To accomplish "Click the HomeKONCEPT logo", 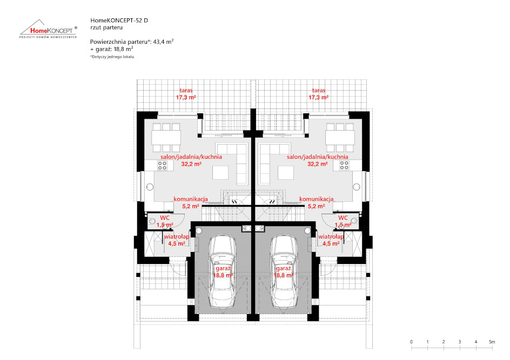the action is [49, 29].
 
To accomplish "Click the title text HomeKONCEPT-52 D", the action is [119, 21].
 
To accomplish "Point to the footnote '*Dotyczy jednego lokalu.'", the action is [112, 57].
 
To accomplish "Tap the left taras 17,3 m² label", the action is [186, 94].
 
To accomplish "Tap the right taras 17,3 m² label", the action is [318, 94].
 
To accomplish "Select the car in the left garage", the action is [223, 271].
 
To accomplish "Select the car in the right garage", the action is [284, 271].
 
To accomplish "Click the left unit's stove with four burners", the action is [162, 165].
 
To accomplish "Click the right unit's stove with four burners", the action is [344, 165].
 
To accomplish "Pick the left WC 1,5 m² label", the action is [165, 221].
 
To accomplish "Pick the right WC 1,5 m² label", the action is [343, 221].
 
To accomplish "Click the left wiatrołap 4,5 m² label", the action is [177, 240].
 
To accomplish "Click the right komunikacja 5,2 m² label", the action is [317, 203].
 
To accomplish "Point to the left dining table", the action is [166, 138].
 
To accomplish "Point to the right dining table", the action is [340, 138].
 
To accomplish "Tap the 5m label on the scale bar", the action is [492, 342].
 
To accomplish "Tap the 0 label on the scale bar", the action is [412, 342].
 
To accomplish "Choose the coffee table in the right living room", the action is [286, 173].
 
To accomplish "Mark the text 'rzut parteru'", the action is [106, 28].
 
